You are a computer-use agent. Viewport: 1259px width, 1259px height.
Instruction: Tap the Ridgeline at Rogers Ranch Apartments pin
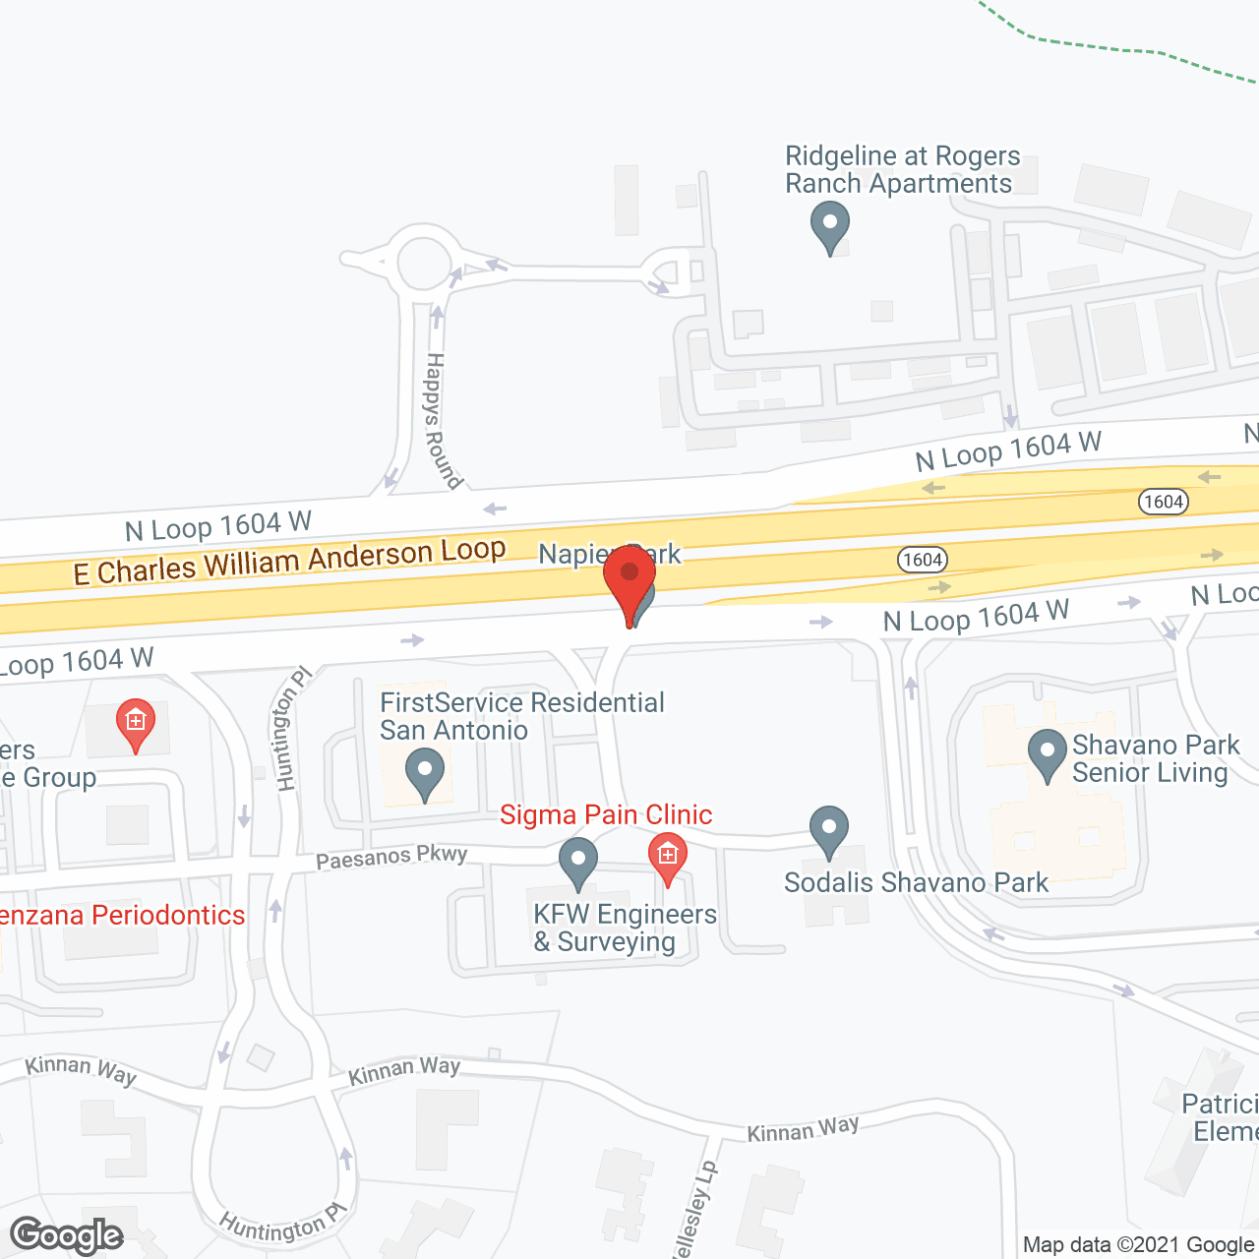click(x=830, y=225)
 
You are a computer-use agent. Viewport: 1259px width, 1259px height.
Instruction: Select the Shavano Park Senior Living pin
click(x=1048, y=753)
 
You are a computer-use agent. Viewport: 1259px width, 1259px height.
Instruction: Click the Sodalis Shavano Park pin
click(x=829, y=831)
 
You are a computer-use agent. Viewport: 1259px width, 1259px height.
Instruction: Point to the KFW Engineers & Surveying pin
click(x=578, y=862)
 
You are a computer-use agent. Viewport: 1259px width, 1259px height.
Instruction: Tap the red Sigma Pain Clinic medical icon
click(x=667, y=857)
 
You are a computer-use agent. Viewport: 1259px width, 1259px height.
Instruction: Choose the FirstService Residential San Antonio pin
click(x=425, y=773)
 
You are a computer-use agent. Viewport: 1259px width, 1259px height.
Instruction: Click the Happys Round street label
click(x=443, y=421)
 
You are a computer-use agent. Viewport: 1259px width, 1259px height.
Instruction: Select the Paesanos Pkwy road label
click(x=391, y=857)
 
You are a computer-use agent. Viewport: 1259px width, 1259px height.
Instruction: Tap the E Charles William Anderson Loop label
click(x=290, y=560)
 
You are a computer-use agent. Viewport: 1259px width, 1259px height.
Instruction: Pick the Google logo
click(x=67, y=1235)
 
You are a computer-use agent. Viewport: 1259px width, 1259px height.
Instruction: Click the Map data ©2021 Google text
click(x=1138, y=1245)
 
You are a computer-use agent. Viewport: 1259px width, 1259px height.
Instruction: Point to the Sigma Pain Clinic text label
click(x=606, y=815)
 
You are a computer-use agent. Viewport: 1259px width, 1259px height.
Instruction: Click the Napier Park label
click(x=609, y=554)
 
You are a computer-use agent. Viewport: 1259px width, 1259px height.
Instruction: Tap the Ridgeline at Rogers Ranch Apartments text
click(x=901, y=170)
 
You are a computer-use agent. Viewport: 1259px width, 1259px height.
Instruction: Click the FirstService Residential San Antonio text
click(x=521, y=716)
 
